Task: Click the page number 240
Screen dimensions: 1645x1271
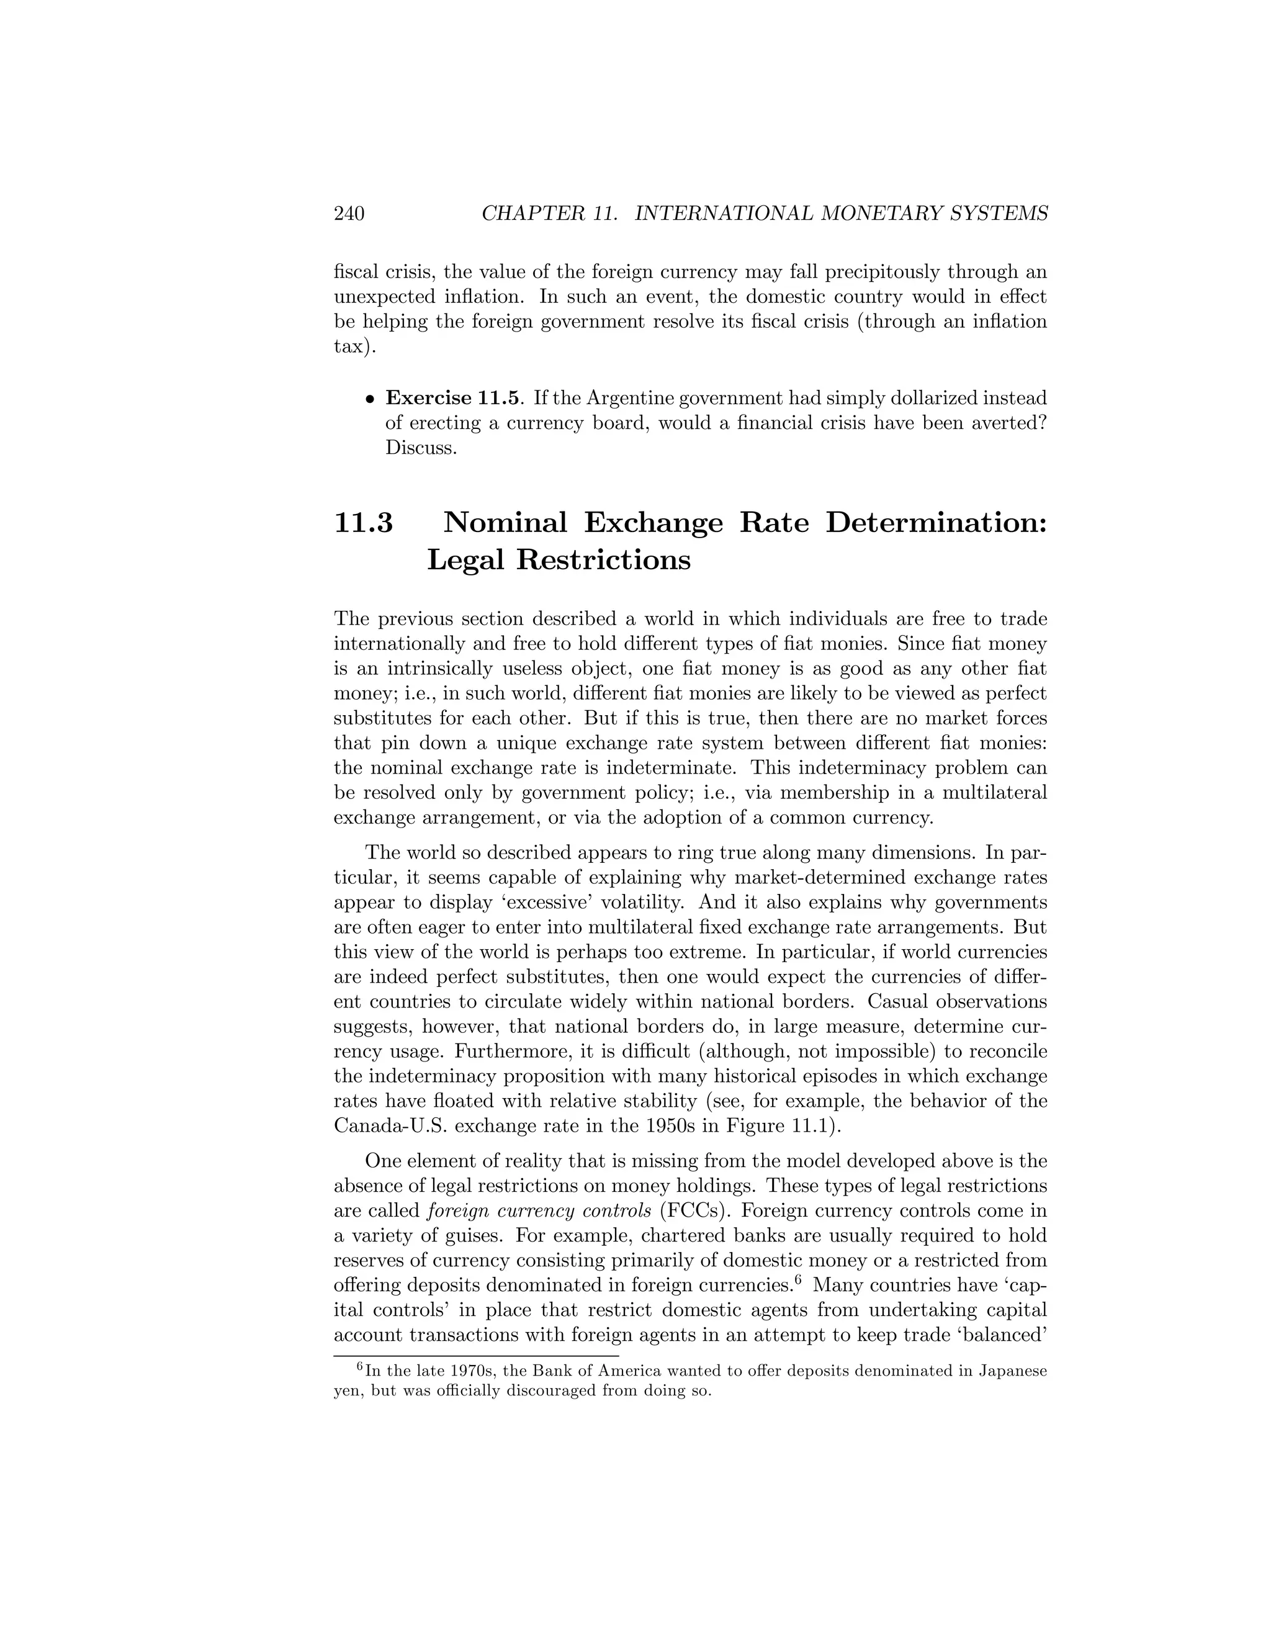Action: coord(349,214)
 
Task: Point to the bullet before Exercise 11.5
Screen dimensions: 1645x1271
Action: coord(370,399)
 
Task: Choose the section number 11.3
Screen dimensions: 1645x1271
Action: coord(363,523)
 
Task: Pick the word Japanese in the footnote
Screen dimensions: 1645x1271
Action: coord(1012,1371)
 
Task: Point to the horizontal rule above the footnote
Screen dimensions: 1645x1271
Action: coord(476,1356)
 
